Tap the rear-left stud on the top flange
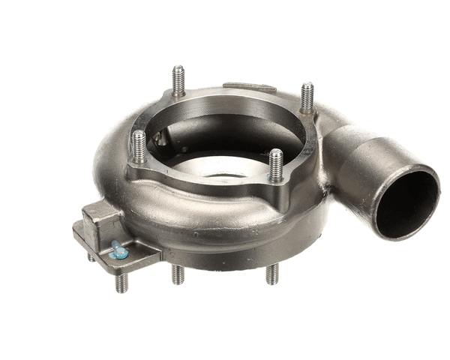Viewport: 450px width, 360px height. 178,80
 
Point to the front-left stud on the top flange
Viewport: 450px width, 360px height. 139,146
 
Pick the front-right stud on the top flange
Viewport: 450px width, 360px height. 276,163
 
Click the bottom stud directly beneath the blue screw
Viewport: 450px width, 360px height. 121,282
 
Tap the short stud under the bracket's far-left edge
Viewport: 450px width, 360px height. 91,256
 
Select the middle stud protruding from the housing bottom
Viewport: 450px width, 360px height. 177,274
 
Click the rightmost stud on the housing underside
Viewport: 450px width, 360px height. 271,274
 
